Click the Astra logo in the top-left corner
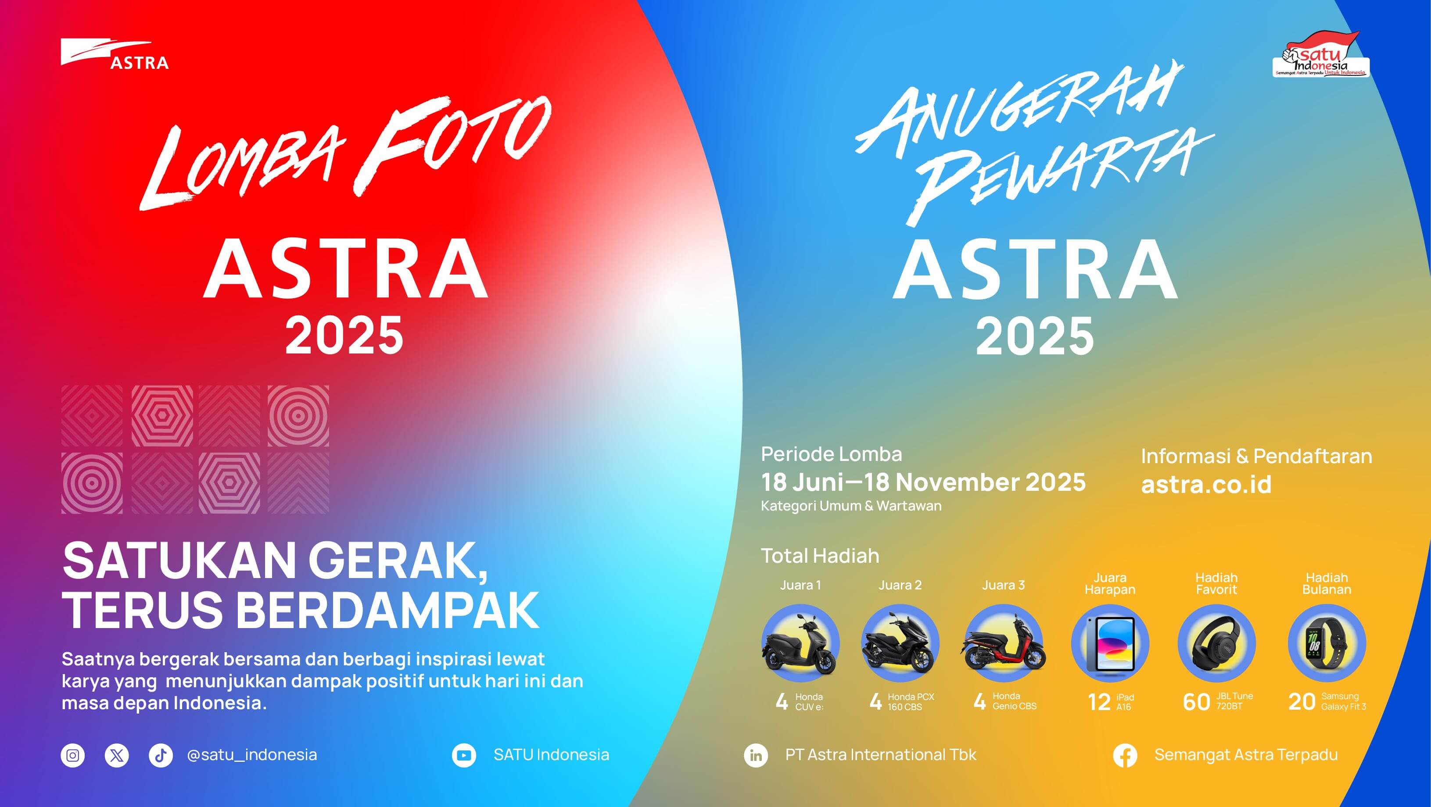pyautogui.click(x=114, y=54)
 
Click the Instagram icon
pyautogui.click(x=73, y=755)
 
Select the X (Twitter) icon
pyautogui.click(x=117, y=755)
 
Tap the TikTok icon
pyautogui.click(x=161, y=755)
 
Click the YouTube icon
pyautogui.click(x=464, y=755)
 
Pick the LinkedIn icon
pyautogui.click(x=756, y=755)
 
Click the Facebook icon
pyautogui.click(x=1125, y=756)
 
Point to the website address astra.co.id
pyautogui.click(x=1206, y=484)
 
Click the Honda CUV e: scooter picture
pyautogui.click(x=800, y=644)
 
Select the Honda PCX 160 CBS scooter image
pyautogui.click(x=900, y=644)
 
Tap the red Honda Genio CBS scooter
pyautogui.click(x=1004, y=644)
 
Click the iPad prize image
pyautogui.click(x=1110, y=644)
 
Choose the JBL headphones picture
pyautogui.click(x=1216, y=644)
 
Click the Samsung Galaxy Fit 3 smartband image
pyautogui.click(x=1327, y=644)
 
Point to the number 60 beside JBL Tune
pyautogui.click(x=1196, y=703)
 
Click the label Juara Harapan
pyautogui.click(x=1110, y=584)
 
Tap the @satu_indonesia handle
pyautogui.click(x=252, y=755)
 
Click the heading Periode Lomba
pyautogui.click(x=831, y=454)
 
